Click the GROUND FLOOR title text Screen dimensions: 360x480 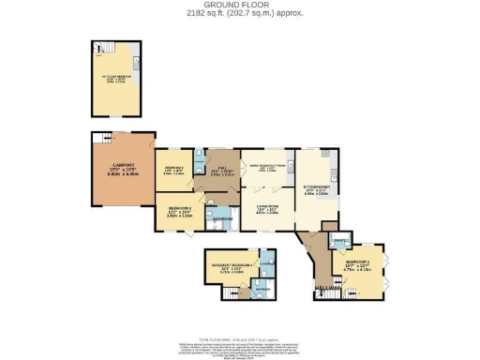click(240, 4)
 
